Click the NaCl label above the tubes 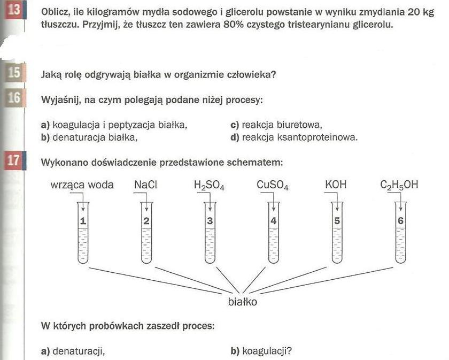coord(145,185)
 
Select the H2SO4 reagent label coord(209,186)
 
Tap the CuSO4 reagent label coord(273,186)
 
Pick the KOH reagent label coord(336,185)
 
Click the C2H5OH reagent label coord(399,186)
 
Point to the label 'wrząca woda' coord(82,186)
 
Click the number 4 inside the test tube coord(273,220)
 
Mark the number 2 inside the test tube coord(146,220)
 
